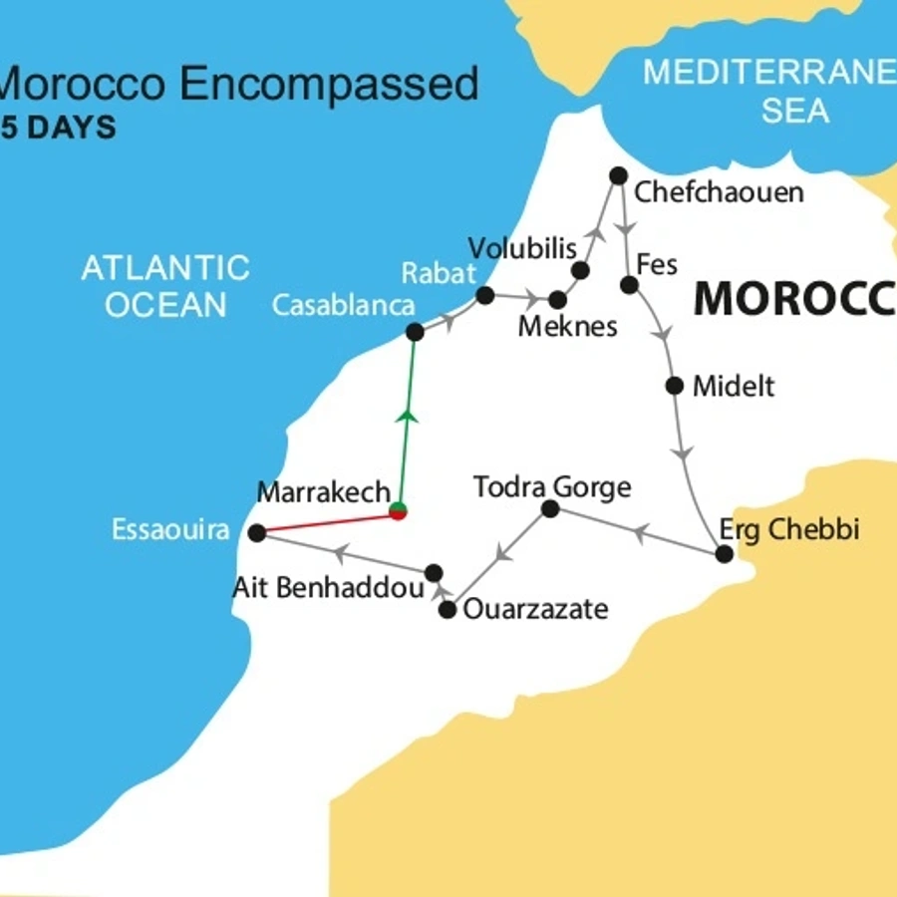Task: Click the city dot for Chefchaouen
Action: [x=618, y=175]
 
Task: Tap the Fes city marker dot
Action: [x=629, y=285]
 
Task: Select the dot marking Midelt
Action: [x=675, y=386]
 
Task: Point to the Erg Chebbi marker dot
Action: [x=725, y=553]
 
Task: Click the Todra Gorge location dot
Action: [x=549, y=509]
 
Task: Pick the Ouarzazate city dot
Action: [x=448, y=609]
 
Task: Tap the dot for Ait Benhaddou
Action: [x=434, y=572]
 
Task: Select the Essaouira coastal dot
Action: [x=256, y=533]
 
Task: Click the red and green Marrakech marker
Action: [x=399, y=512]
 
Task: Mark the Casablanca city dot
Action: [x=415, y=332]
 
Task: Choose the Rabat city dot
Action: [x=485, y=295]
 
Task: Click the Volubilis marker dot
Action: [x=581, y=270]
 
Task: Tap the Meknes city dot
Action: [x=557, y=299]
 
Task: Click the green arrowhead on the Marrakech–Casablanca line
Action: [x=407, y=416]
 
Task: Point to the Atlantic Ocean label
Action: [x=165, y=285]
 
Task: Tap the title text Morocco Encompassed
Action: [x=239, y=84]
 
